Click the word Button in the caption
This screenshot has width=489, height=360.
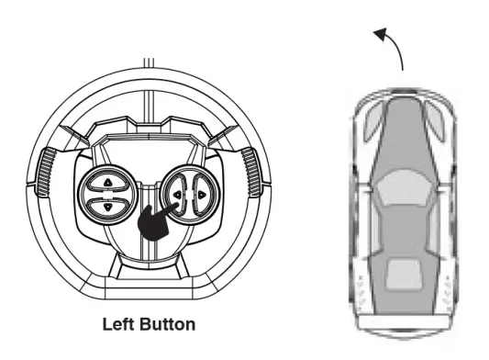click(x=168, y=324)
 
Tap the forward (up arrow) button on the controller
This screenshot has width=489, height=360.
click(x=108, y=182)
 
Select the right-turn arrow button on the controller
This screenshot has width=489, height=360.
click(x=202, y=195)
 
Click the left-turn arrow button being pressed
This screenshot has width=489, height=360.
click(x=176, y=195)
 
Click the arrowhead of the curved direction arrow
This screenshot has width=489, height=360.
click(x=381, y=34)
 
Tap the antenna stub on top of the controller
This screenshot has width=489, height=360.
click(x=149, y=62)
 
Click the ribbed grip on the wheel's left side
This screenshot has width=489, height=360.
click(x=47, y=172)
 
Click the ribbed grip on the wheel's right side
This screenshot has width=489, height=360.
click(x=251, y=172)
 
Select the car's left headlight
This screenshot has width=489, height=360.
click(x=373, y=122)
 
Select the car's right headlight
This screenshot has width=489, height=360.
click(x=435, y=122)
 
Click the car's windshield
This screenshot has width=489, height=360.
click(x=405, y=187)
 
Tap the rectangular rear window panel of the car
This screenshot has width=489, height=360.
click(x=404, y=275)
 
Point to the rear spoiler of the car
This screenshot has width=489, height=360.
click(x=405, y=322)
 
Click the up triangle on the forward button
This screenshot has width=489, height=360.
click(x=108, y=183)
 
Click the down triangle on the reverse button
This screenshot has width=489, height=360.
click(x=108, y=207)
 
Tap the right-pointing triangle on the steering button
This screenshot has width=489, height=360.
click(x=202, y=195)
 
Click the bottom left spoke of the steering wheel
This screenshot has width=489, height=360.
click(x=115, y=266)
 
